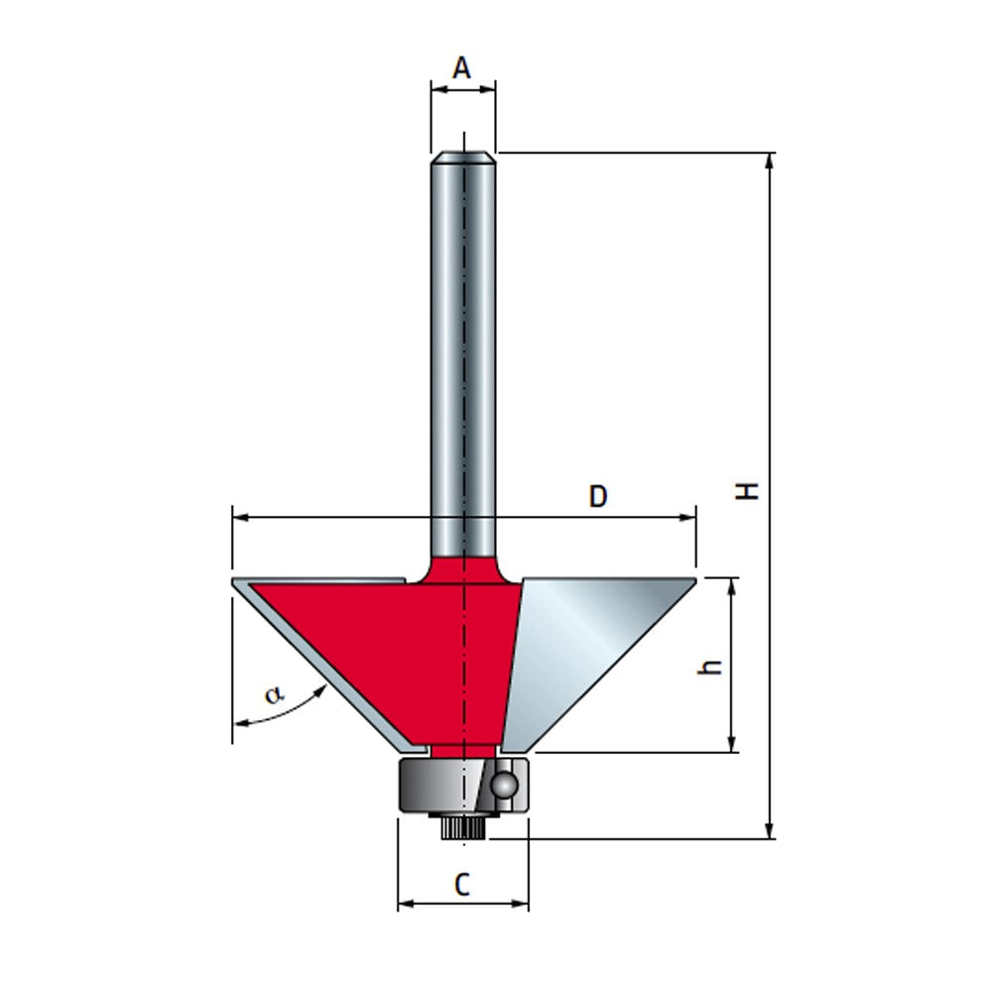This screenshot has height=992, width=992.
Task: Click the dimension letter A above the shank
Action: (x=461, y=68)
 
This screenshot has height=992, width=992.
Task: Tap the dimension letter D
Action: (x=597, y=496)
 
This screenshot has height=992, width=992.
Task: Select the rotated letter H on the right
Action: (x=751, y=489)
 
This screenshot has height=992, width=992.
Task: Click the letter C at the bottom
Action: (x=462, y=885)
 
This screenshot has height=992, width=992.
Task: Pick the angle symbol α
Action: (x=273, y=694)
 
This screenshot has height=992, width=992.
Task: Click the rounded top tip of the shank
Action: (x=463, y=156)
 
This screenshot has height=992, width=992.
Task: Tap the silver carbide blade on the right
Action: (x=585, y=655)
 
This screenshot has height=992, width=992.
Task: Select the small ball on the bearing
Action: (x=505, y=785)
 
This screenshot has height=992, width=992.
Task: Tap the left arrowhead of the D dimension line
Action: (x=239, y=517)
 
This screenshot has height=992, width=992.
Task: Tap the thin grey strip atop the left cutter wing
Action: (x=317, y=580)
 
